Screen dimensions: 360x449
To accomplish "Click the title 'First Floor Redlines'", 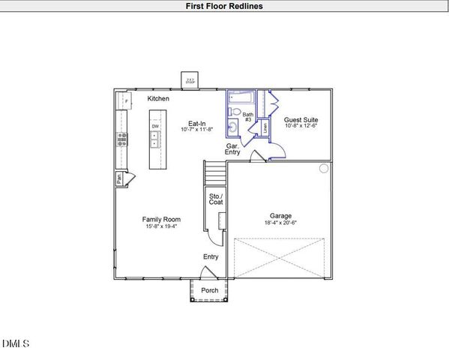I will pos(224,6).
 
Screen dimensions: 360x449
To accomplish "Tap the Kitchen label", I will pos(158,99).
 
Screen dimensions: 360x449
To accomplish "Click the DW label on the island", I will pos(156,126).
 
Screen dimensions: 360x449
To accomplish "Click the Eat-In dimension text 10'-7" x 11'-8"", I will pos(197,130).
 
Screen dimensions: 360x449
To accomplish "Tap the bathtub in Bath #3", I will pos(241,98).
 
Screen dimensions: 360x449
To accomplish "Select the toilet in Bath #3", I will pos(235,112).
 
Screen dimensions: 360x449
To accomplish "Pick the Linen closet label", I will pos(265,128).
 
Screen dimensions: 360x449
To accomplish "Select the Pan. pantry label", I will pos(119,178).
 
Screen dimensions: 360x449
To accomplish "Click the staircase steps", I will pos(216,174).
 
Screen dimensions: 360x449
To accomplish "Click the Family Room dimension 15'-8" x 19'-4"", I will pos(162,226).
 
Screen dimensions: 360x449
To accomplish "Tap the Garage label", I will pos(281,214).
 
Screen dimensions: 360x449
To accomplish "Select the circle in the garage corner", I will pos(324,169).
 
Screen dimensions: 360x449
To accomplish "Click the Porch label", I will pos(211,290).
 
